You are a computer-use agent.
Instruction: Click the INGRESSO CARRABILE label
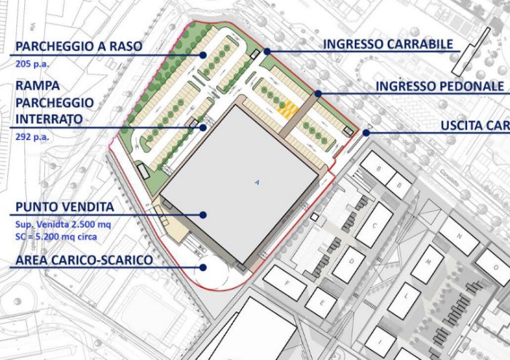(388, 44)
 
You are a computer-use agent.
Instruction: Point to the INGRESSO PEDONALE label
(440, 86)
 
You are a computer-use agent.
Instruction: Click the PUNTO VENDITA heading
(63, 207)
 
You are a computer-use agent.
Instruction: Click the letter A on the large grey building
(256, 181)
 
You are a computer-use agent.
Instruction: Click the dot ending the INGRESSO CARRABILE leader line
(267, 52)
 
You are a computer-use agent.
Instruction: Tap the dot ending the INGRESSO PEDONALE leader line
(318, 93)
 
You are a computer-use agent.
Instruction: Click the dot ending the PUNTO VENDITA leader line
(204, 215)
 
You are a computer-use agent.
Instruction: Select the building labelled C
(374, 224)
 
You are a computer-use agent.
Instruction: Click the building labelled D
(350, 264)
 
